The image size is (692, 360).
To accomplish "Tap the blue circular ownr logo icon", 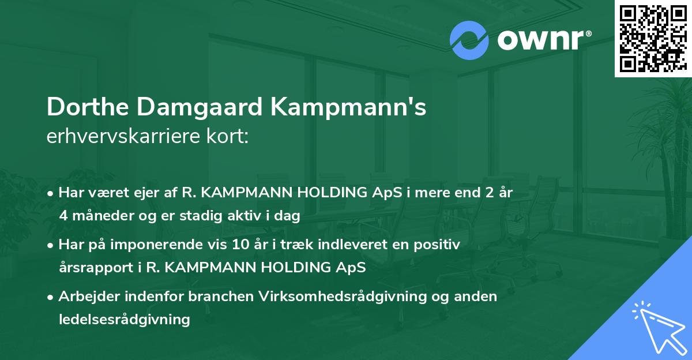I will (469, 40).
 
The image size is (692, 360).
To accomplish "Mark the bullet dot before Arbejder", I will (52, 297).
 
